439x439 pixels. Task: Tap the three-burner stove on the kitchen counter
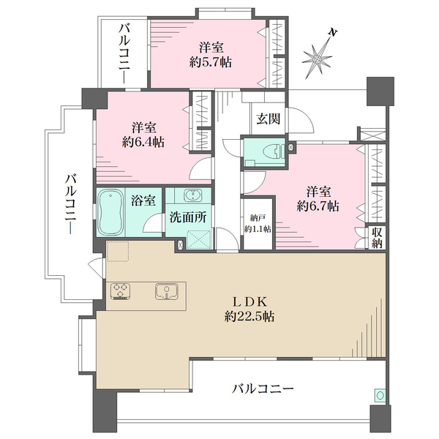pyautogui.click(x=122, y=293)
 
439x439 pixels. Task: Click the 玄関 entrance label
pyautogui.click(x=266, y=119)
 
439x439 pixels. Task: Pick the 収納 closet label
pyautogui.click(x=377, y=238)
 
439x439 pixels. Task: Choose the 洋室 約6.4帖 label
pyautogui.click(x=143, y=132)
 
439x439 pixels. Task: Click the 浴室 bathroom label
pyautogui.click(x=143, y=199)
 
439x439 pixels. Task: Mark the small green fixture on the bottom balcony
pyautogui.click(x=379, y=396)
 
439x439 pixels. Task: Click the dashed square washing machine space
pyautogui.click(x=198, y=240)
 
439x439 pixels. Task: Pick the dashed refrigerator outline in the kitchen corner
pyautogui.click(x=118, y=251)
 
